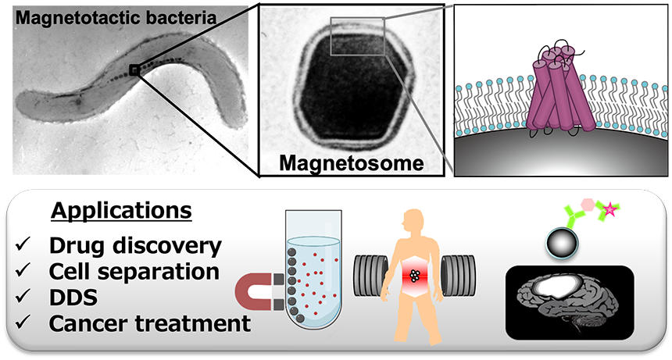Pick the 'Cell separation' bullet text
click(x=134, y=271)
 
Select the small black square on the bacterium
click(x=135, y=71)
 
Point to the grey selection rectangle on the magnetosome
click(x=357, y=37)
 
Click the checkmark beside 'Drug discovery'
click(x=21, y=247)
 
